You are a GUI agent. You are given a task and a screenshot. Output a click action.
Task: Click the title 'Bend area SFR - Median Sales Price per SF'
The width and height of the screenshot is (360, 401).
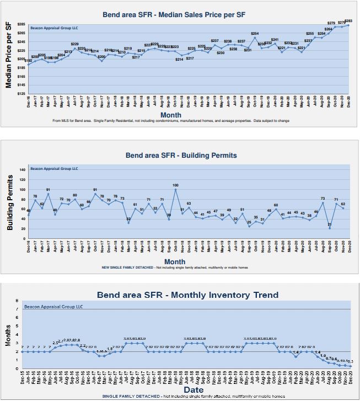(187, 14)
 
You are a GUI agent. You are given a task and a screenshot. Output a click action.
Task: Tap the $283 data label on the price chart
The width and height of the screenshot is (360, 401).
(348, 21)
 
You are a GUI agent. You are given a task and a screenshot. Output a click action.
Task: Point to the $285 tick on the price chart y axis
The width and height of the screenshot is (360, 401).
(21, 24)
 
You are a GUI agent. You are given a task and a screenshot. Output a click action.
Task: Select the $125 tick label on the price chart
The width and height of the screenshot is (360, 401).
(21, 94)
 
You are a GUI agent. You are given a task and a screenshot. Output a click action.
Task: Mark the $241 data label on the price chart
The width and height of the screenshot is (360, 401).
(275, 40)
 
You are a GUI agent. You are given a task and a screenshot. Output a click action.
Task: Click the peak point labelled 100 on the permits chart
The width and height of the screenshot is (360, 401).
(175, 190)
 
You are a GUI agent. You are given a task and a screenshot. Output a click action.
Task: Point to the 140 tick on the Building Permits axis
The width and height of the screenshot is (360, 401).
(23, 170)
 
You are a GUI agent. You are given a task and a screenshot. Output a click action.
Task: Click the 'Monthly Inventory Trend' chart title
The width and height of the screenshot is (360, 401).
(187, 295)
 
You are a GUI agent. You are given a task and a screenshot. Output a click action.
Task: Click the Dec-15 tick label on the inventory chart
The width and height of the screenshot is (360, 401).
(23, 378)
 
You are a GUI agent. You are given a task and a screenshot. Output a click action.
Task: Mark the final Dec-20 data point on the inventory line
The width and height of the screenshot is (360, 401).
(351, 366)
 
